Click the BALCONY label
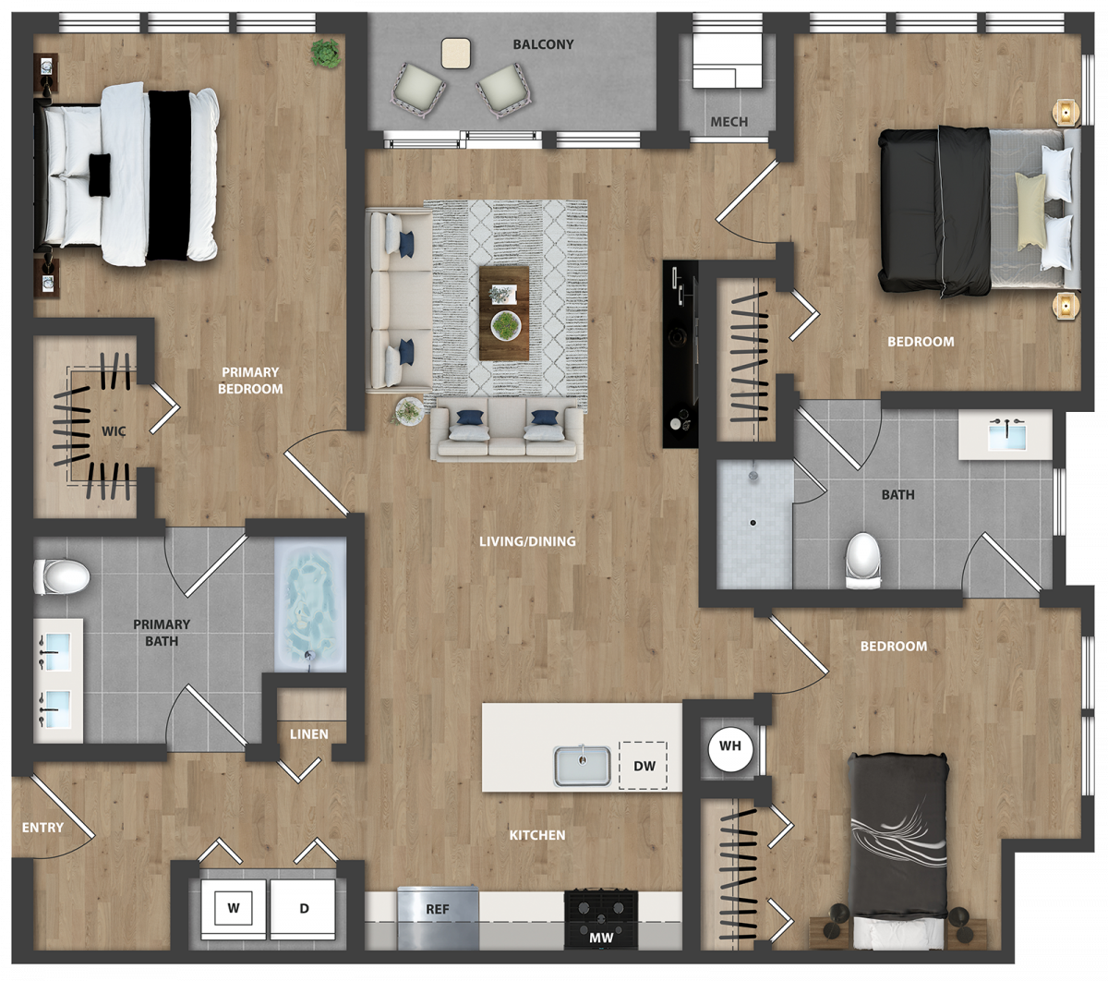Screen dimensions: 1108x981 tap(543, 44)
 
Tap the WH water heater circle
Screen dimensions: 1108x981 tap(730, 746)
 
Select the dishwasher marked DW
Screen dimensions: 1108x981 tap(644, 766)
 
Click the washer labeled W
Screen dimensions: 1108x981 tap(234, 909)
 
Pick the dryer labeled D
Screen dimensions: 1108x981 tap(303, 909)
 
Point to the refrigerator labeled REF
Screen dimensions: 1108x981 tap(438, 917)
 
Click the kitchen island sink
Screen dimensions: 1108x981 tap(582, 766)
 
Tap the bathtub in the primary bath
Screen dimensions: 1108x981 tap(310, 604)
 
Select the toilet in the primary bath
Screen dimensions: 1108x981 tap(61, 576)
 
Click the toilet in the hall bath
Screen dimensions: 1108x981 tap(863, 561)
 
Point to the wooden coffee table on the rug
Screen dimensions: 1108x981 tap(504, 313)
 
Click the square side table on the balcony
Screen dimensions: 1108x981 tap(456, 53)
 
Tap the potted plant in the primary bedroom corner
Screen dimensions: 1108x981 tap(326, 53)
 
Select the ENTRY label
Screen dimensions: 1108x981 tap(42, 828)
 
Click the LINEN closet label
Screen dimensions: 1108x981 tap(309, 734)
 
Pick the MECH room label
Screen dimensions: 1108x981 tap(729, 122)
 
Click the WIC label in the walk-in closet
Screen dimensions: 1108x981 tap(114, 431)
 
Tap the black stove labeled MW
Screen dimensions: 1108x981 tap(601, 920)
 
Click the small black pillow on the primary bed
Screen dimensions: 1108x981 tap(100, 175)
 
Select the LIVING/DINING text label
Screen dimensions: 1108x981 tap(527, 541)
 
